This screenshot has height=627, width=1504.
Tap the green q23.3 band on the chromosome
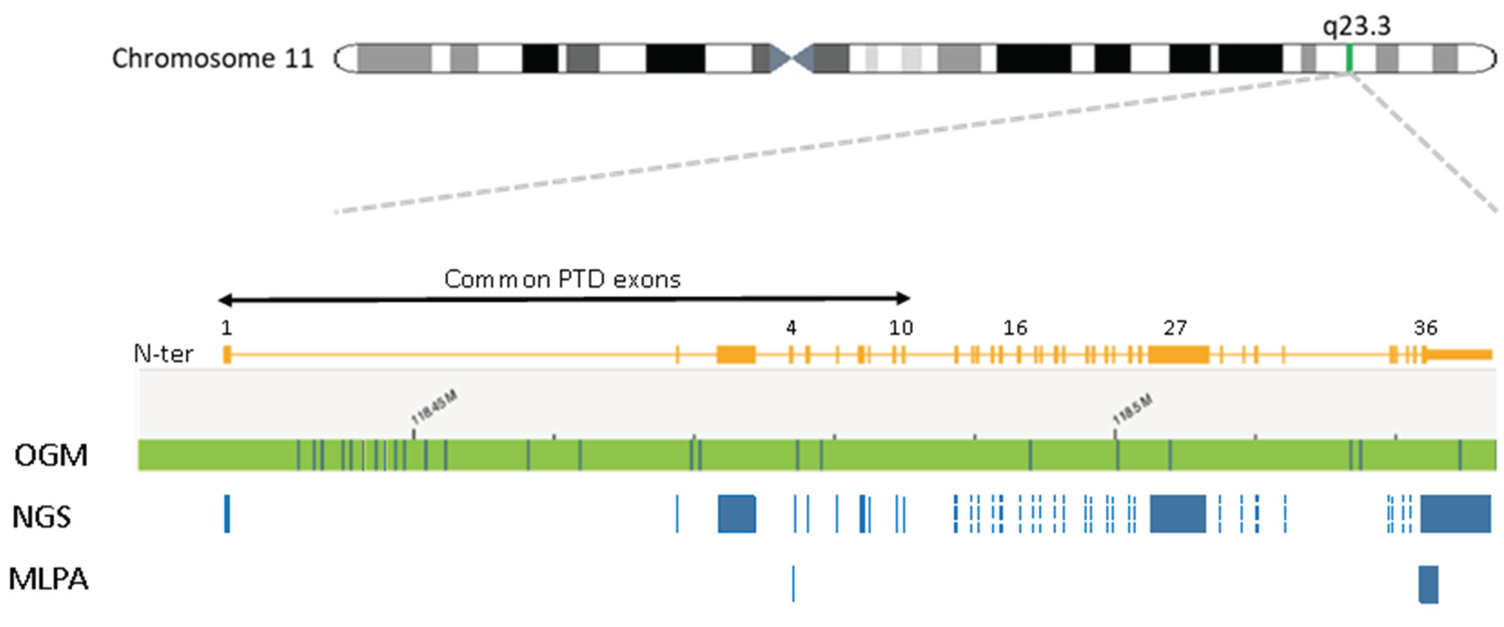pos(1349,58)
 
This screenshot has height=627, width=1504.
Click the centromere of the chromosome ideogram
pos(791,58)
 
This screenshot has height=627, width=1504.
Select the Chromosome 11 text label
pos(212,58)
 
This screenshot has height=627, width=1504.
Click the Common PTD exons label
pos(562,279)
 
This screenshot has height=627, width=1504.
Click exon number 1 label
pos(227,328)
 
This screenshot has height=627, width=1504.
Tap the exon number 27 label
pos(1175,328)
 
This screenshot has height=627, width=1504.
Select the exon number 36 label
pos(1425,328)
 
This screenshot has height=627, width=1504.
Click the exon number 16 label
pos(1015,328)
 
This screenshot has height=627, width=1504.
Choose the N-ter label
pos(164,354)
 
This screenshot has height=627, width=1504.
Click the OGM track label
pos(52,455)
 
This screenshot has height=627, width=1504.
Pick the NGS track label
pos(42,517)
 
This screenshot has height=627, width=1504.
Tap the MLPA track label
pos(49,579)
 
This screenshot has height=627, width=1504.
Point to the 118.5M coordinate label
pos(1133,409)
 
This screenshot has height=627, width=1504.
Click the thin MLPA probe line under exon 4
pos(793,583)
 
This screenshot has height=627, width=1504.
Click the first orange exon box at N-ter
pos(227,354)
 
